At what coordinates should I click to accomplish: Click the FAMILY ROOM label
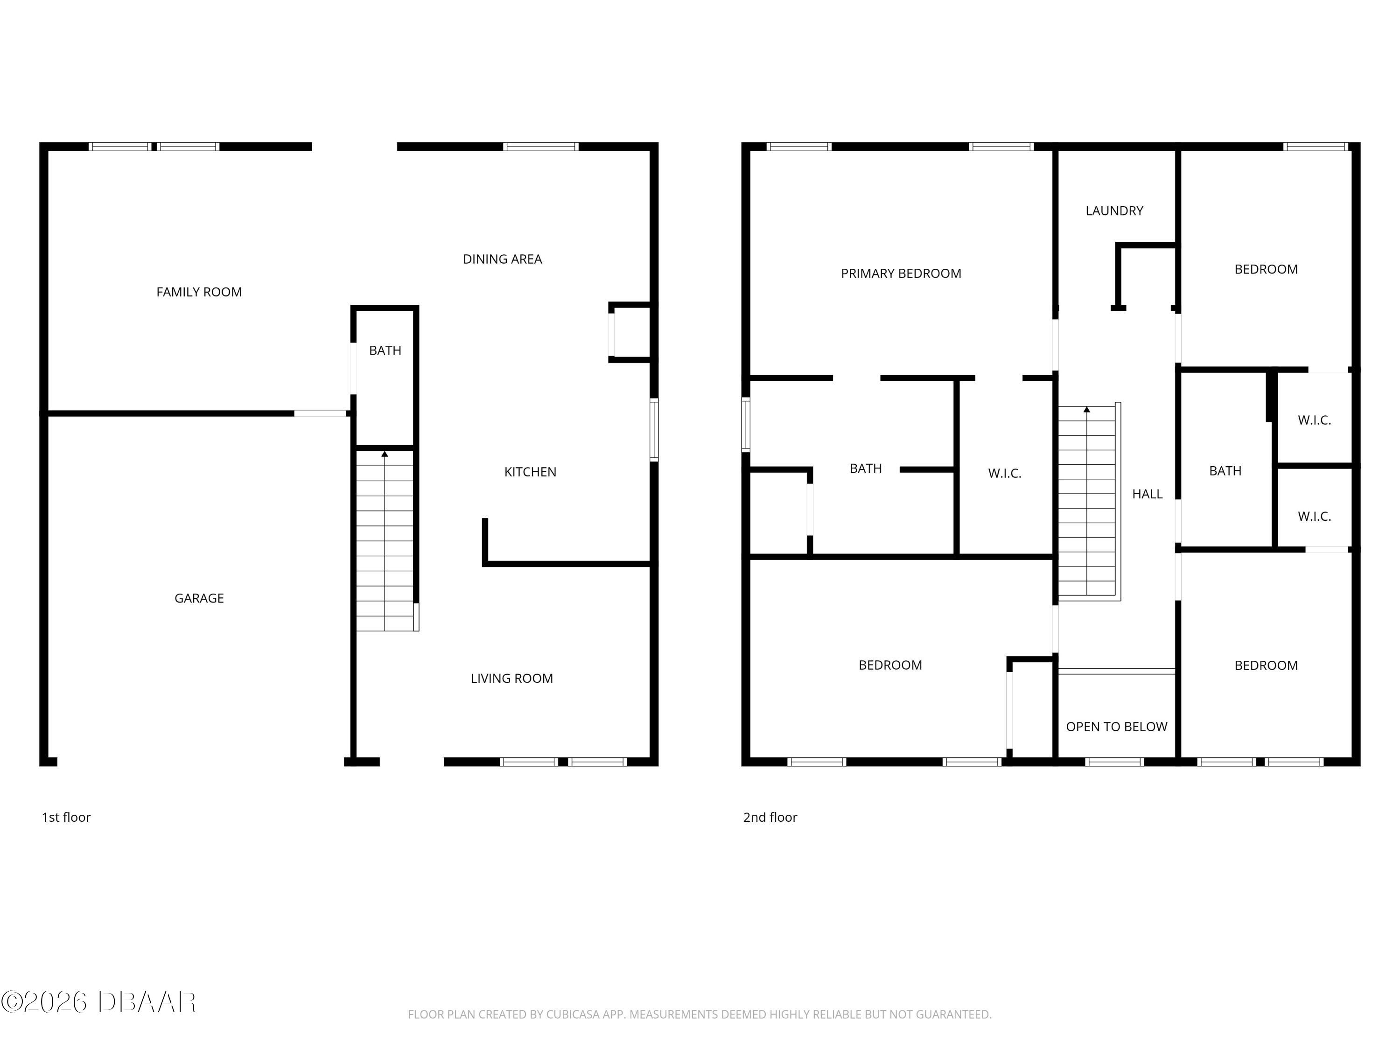[199, 292]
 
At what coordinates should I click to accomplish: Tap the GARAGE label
[199, 598]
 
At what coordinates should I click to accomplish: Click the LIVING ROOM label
[511, 679]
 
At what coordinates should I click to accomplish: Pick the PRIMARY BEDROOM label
[901, 273]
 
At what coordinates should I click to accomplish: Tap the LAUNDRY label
[1114, 211]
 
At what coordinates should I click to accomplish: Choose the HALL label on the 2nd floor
[1147, 494]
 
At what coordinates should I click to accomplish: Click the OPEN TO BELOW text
[1116, 727]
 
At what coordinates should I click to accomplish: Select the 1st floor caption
[66, 817]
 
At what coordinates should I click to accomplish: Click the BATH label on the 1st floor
[385, 350]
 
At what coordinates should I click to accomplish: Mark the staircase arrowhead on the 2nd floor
[1087, 409]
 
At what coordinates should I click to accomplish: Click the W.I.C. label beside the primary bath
[1004, 473]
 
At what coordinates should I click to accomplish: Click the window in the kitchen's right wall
[654, 429]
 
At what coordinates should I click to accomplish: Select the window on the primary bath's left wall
[746, 424]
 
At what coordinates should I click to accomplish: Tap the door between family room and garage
[320, 413]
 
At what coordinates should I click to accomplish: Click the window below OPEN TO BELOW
[1114, 762]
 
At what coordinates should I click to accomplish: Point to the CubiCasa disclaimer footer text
[700, 1015]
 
